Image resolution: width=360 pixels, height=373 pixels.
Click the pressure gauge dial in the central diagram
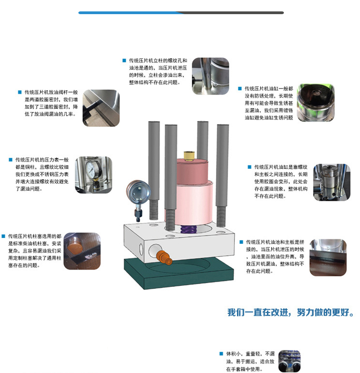[x=138, y=192]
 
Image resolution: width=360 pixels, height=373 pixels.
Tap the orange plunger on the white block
[x=164, y=257]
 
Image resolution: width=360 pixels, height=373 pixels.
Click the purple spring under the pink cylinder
[x=188, y=229]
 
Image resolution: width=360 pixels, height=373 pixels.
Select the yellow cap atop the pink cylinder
[x=189, y=155]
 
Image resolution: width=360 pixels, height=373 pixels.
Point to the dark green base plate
[x=179, y=273]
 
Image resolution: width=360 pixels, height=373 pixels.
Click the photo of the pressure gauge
[x=93, y=175]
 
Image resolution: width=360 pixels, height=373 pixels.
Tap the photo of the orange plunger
[x=82, y=251]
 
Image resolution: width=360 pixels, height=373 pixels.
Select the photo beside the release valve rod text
[x=101, y=108]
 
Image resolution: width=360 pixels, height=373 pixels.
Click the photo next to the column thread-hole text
[x=211, y=76]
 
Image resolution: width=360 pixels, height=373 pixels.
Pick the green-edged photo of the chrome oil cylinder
[x=316, y=103]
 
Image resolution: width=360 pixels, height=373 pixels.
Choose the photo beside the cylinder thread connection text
[x=332, y=182]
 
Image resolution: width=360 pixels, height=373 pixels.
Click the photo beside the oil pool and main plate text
[x=328, y=258]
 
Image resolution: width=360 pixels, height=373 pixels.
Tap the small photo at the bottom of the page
[x=289, y=361]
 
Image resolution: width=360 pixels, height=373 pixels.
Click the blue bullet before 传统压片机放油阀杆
[x=20, y=92]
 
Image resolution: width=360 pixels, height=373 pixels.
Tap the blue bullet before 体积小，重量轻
[x=221, y=354]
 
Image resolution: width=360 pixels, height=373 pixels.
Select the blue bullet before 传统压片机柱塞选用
[x=3, y=236]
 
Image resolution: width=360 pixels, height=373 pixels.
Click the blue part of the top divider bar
[x=129, y=13]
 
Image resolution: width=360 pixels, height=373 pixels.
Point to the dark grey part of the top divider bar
[x=233, y=13]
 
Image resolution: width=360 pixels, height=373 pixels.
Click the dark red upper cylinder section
[x=192, y=171]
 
